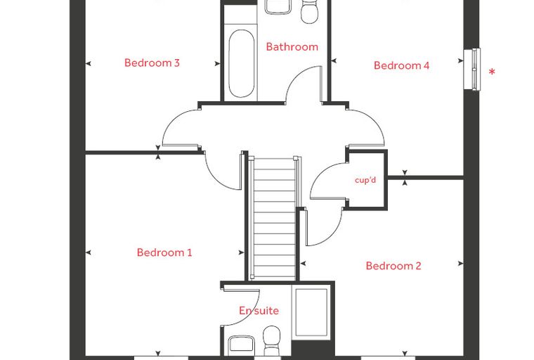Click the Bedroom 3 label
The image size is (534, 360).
[152, 63]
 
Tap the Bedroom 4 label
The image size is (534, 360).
[401, 65]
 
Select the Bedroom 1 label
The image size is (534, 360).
[164, 252]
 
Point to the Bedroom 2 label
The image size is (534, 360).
[393, 266]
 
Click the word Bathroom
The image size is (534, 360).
[292, 46]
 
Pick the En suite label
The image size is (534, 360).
[259, 311]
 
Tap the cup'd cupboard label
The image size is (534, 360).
[365, 180]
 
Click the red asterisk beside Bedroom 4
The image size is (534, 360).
[492, 72]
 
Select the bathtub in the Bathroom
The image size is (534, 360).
[242, 64]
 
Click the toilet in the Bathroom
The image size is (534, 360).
[310, 12]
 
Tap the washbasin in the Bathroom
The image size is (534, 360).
[278, 7]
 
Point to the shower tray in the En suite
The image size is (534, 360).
[311, 313]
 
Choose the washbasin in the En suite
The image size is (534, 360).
[241, 345]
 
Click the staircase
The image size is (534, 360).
[274, 218]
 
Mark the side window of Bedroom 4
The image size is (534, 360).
[472, 69]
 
